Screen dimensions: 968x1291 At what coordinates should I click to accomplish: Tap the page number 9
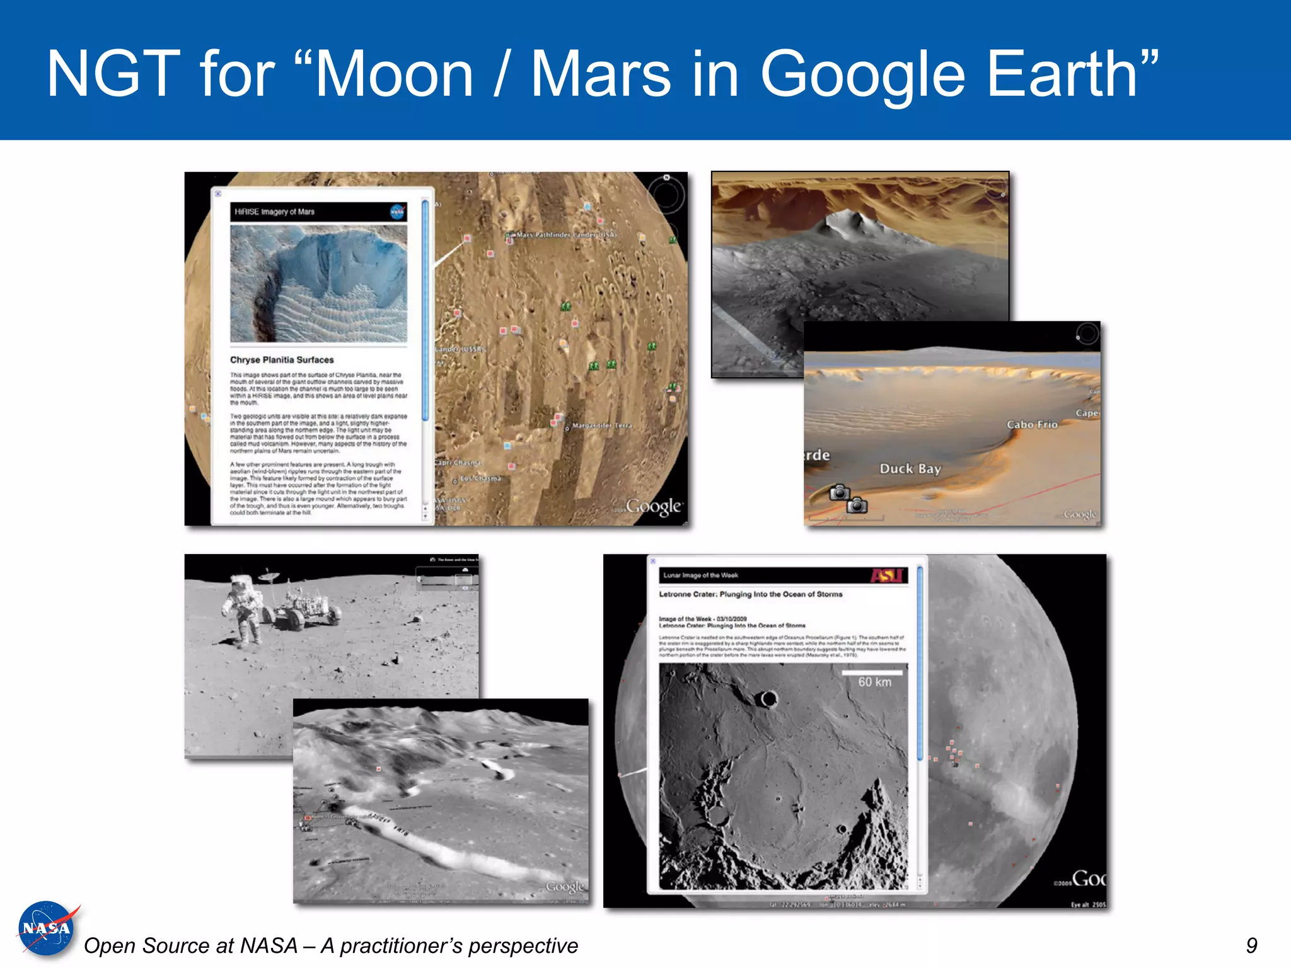[1251, 945]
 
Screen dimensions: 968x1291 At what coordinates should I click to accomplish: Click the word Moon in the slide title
[394, 74]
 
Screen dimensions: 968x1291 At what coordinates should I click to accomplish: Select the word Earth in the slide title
[1072, 74]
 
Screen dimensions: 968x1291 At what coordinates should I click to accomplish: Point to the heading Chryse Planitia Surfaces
[282, 360]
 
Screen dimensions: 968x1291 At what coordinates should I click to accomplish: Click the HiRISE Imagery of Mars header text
[274, 212]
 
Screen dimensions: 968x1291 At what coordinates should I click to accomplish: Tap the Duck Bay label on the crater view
[910, 468]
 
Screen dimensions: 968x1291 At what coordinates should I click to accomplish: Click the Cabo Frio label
[1032, 424]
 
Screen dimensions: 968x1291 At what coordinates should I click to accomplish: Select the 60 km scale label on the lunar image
[874, 682]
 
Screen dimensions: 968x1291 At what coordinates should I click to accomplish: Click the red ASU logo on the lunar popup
[887, 575]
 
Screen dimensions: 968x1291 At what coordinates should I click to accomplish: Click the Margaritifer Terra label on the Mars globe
[601, 425]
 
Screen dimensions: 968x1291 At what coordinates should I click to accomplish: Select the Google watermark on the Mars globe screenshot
[654, 507]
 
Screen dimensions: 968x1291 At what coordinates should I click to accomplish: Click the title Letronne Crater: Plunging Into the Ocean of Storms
[750, 594]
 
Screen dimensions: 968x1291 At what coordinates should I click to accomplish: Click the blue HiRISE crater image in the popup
[318, 284]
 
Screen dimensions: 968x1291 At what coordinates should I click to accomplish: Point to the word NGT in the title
[113, 74]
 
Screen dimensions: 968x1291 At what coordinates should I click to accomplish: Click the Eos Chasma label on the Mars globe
[480, 478]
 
